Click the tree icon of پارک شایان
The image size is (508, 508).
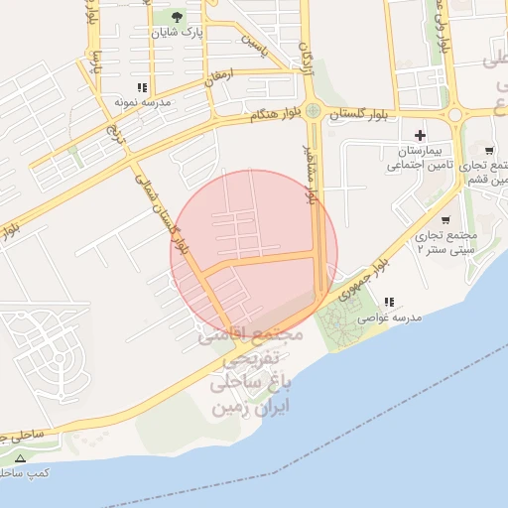tap(178, 17)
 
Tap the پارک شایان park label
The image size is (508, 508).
tap(178, 33)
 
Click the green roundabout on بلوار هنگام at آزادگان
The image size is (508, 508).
tap(314, 111)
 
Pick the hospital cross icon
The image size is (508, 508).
tap(421, 134)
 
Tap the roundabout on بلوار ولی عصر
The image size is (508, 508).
tap(457, 114)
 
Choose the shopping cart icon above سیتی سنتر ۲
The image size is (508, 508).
tap(444, 220)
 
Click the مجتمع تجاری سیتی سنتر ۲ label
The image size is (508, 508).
tap(446, 241)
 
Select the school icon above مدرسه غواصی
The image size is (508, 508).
tap(389, 302)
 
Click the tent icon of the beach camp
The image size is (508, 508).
tap(21, 458)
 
